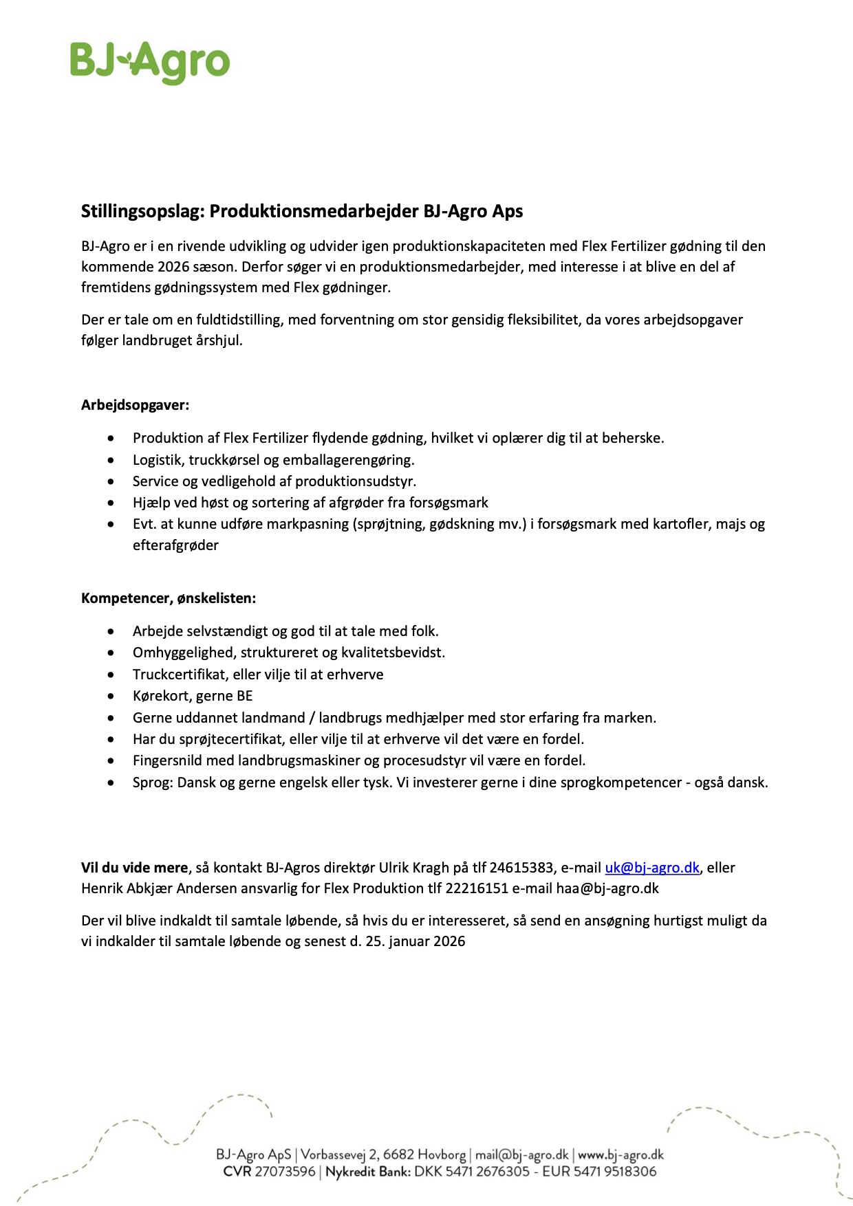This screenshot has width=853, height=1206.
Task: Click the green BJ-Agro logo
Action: pos(150,62)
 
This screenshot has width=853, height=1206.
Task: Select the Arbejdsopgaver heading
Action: pos(135,405)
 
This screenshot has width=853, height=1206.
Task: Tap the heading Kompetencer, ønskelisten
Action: pos(169,598)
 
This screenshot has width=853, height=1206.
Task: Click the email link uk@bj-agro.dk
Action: pos(651,868)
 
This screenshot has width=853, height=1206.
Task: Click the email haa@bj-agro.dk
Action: pos(607,888)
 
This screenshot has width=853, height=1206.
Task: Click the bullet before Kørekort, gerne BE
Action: pos(111,696)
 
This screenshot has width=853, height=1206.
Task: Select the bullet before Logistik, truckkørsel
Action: pos(111,459)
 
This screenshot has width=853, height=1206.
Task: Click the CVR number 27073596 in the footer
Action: pos(285,1172)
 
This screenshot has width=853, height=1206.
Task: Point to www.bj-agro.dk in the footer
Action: pos(620,1154)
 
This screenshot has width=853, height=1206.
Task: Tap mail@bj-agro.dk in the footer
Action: pos(522,1154)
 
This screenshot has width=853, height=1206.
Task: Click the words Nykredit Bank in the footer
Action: pos(367,1172)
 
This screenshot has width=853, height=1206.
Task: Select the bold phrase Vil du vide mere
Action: pos(134,868)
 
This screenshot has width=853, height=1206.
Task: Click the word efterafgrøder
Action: pos(175,545)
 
